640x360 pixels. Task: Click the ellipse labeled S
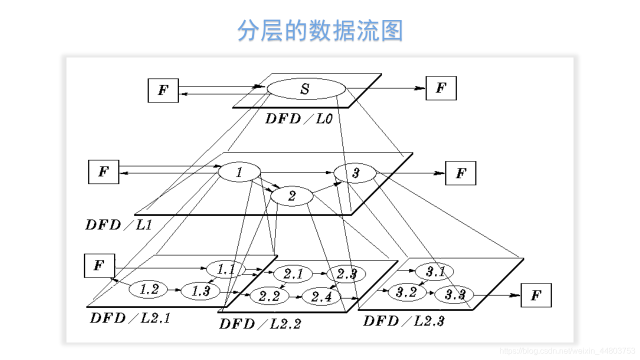point(305,89)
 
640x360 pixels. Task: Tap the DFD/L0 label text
point(298,118)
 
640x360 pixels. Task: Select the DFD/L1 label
point(118,224)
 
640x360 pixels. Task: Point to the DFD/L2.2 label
point(259,323)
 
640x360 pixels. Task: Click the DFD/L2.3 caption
point(403,320)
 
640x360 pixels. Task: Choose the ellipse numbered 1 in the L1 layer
point(239,173)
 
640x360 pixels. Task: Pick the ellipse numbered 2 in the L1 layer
point(292,196)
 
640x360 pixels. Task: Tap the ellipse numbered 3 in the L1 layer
point(355,173)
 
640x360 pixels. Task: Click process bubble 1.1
point(226,270)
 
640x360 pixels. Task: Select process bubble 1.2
point(149,289)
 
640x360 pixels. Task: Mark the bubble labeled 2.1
point(293,274)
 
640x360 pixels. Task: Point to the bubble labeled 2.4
point(321,296)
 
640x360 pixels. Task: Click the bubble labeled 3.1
point(435,272)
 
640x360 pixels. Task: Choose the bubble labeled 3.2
point(406,292)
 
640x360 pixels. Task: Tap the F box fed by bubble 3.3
point(536,295)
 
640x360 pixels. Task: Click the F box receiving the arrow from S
point(440,88)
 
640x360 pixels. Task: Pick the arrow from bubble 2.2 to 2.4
point(296,296)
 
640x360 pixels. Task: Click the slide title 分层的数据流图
point(320,31)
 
